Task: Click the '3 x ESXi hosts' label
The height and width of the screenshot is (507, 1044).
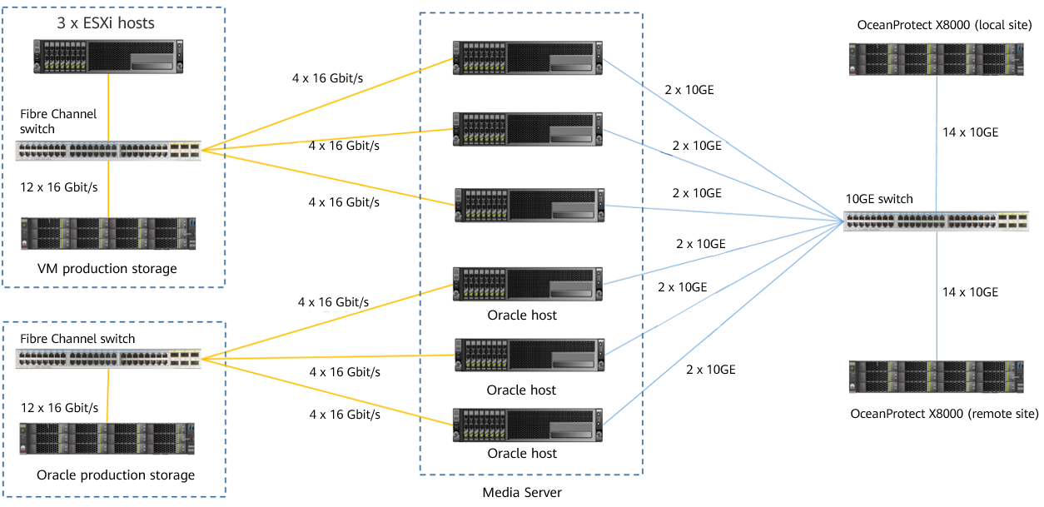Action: [106, 22]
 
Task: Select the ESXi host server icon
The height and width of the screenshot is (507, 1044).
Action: [108, 57]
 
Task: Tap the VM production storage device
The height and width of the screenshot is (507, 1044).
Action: [108, 233]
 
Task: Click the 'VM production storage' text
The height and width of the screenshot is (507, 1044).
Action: [107, 268]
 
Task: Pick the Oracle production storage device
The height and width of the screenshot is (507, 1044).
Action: [107, 439]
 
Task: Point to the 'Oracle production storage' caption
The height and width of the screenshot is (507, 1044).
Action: [116, 475]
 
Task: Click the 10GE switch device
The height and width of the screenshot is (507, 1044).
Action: [936, 221]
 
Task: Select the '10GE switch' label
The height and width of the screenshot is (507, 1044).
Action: [879, 199]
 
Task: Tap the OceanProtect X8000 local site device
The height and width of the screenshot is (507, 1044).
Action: [937, 59]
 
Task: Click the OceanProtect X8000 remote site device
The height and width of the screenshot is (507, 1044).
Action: [937, 376]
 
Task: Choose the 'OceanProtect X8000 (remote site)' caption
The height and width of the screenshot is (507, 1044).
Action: [944, 414]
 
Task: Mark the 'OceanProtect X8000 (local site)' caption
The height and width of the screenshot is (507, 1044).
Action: [944, 25]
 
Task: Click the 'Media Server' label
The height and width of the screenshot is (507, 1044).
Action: [522, 492]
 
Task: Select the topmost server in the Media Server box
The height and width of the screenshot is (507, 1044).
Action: [528, 57]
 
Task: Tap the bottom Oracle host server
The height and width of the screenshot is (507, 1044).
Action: [528, 425]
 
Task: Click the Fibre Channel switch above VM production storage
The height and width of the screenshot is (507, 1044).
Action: [108, 151]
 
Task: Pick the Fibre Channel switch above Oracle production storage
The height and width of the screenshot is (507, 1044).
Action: [108, 359]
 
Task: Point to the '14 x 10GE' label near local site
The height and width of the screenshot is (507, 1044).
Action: [971, 132]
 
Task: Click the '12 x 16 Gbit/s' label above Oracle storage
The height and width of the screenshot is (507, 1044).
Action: [59, 408]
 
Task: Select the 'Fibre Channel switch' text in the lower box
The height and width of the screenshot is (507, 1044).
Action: [77, 339]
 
